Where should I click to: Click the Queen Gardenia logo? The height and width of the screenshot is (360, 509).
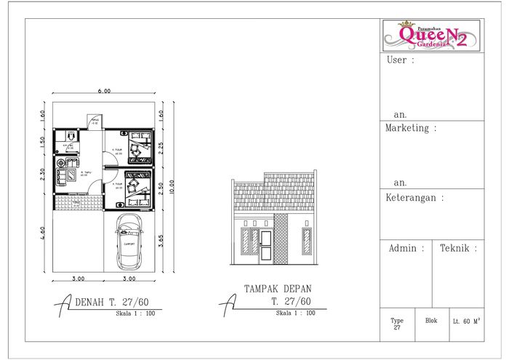(x=433, y=35)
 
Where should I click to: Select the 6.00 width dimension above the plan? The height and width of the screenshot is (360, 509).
(x=105, y=92)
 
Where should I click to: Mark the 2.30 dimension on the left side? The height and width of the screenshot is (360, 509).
(x=43, y=175)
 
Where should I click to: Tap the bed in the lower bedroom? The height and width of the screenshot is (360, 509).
(x=135, y=187)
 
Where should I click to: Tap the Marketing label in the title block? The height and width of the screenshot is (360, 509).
(x=412, y=128)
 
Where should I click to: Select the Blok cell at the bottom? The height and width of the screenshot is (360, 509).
(x=431, y=320)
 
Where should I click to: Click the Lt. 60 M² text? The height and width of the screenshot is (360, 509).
(x=465, y=320)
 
